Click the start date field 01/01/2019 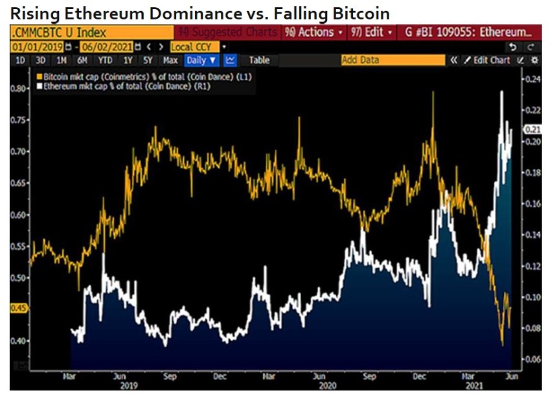pyautogui.click(x=36, y=47)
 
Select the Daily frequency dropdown pyautogui.click(x=201, y=60)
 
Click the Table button pyautogui.click(x=259, y=60)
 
